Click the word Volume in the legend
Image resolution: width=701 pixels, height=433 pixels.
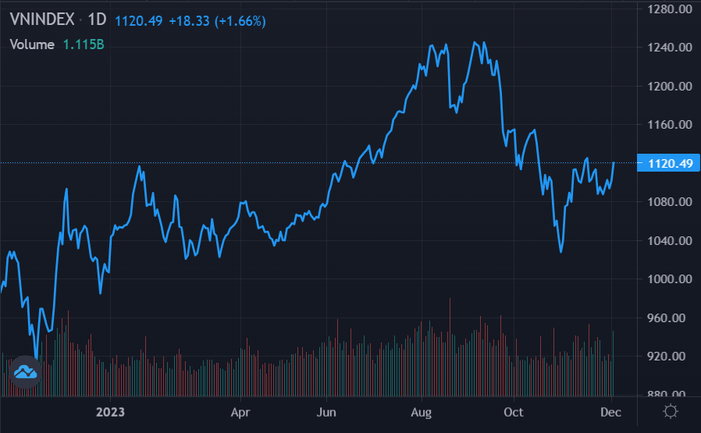pyautogui.click(x=32, y=44)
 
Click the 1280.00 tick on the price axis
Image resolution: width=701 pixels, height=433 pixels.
pyautogui.click(x=669, y=9)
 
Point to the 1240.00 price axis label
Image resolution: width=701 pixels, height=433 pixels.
pyautogui.click(x=669, y=48)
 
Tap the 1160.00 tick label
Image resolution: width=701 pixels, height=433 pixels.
pyautogui.click(x=669, y=125)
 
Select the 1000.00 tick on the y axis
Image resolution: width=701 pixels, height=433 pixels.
pyautogui.click(x=669, y=279)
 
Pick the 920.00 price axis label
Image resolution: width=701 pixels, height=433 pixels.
pyautogui.click(x=669, y=357)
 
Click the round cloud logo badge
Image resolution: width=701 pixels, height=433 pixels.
pyautogui.click(x=27, y=372)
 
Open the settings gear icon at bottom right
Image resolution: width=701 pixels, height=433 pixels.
pyautogui.click(x=669, y=412)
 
